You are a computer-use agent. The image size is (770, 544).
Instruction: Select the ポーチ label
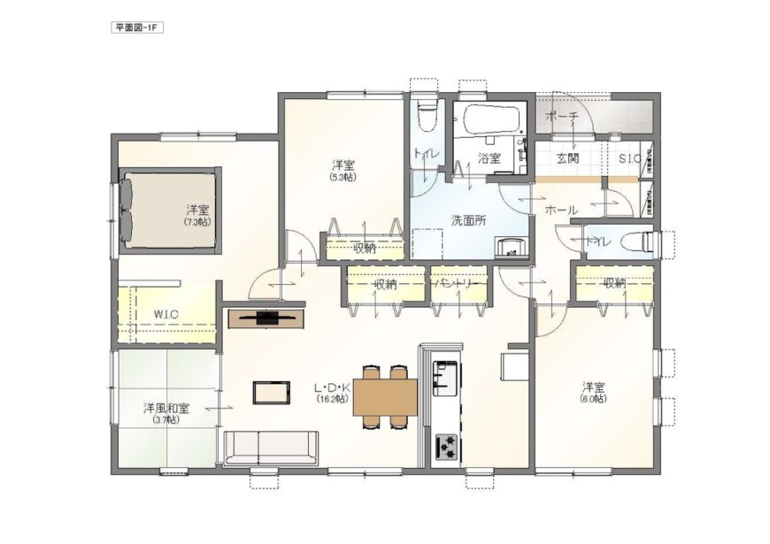(562, 117)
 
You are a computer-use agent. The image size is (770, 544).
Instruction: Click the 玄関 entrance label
(567, 158)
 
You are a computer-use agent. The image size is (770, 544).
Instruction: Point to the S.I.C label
(629, 158)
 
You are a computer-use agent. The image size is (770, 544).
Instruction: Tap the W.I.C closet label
(166, 314)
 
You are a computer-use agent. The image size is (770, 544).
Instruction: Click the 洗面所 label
(468, 220)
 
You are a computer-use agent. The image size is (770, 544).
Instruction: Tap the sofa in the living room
(271, 448)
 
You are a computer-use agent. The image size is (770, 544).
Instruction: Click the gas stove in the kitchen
(445, 446)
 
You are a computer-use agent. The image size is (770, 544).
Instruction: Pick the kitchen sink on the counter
(445, 379)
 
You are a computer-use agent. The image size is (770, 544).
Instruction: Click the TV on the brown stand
(266, 316)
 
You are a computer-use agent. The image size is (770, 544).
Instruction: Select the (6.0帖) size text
(593, 400)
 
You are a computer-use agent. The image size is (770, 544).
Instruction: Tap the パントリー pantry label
(458, 284)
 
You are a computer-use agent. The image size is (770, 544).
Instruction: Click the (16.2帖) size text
(333, 399)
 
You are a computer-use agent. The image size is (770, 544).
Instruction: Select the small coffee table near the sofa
(271, 391)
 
